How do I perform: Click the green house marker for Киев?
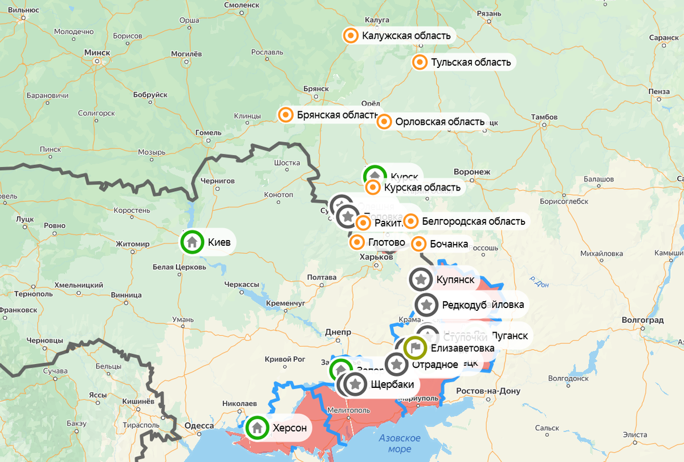193,242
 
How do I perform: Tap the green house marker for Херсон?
258,428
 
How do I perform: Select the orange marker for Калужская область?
351,36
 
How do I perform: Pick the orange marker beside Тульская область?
420,62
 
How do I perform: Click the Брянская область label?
336,115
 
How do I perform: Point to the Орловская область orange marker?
385,122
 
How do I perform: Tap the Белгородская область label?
473,221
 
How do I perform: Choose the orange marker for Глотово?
357,243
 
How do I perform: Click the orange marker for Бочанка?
419,244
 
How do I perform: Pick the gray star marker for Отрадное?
397,364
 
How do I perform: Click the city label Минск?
97,52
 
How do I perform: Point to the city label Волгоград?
643,320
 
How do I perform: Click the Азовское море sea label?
400,444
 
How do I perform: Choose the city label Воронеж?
472,172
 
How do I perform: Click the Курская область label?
422,187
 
